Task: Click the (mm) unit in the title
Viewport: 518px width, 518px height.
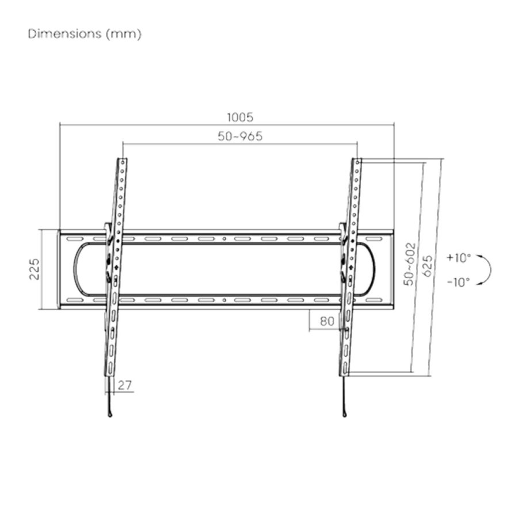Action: (x=123, y=33)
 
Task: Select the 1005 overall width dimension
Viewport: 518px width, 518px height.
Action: (x=240, y=117)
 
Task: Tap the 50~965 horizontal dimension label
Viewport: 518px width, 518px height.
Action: (x=240, y=136)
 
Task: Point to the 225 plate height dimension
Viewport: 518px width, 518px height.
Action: (x=35, y=269)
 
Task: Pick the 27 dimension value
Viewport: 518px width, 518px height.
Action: (x=125, y=385)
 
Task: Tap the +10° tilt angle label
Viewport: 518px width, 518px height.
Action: (x=458, y=257)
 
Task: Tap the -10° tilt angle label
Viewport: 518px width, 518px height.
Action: (x=458, y=281)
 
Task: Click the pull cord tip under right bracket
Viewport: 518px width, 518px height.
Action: (x=344, y=413)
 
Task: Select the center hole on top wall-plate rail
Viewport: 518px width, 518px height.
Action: (x=224, y=238)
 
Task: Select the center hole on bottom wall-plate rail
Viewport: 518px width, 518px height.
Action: (x=224, y=300)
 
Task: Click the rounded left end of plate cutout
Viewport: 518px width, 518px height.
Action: (x=77, y=269)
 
